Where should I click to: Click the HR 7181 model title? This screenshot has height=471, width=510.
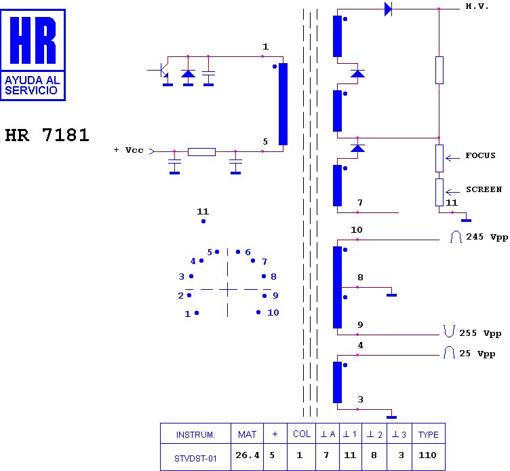tap(47, 135)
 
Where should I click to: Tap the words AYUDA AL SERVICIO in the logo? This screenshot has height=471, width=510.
tap(32, 85)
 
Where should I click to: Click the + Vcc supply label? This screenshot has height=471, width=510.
tap(129, 150)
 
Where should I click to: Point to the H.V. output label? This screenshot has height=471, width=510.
tap(477, 6)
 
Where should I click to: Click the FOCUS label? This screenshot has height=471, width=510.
tap(480, 155)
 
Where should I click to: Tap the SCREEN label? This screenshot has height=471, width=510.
tap(484, 189)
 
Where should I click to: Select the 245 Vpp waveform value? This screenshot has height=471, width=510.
tap(487, 237)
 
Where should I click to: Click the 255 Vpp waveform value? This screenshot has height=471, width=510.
tap(480, 333)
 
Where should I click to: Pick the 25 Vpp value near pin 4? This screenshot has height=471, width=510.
tap(477, 354)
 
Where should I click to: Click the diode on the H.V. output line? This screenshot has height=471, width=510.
tap(388, 9)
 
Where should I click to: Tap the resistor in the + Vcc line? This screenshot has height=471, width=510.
tap(201, 151)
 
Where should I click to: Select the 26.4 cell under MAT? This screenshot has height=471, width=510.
tap(247, 455)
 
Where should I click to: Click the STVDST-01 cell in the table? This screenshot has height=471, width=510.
tap(195, 459)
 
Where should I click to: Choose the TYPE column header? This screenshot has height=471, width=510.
tap(429, 434)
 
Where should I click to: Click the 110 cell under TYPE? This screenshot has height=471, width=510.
tap(427, 455)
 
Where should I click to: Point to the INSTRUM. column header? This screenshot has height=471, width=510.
tap(195, 434)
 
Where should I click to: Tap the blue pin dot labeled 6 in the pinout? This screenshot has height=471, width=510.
tap(238, 252)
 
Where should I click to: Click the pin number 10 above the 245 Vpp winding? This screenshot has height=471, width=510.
tap(357, 230)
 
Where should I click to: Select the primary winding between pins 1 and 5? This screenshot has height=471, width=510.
tap(283, 104)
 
